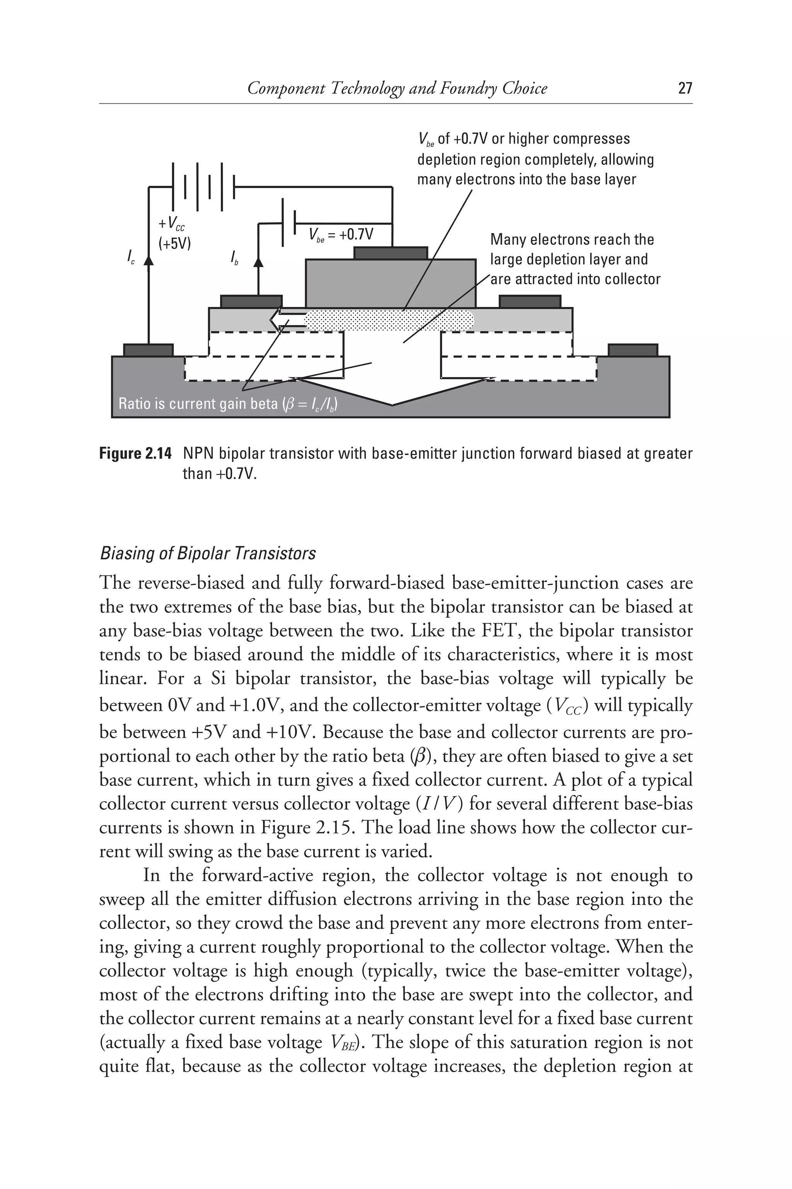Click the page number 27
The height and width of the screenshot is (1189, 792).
684,89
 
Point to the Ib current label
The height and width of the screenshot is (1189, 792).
234,259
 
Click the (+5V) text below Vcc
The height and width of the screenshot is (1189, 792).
175,244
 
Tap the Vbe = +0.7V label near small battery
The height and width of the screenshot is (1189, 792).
341,235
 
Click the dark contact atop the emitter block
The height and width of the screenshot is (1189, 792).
391,253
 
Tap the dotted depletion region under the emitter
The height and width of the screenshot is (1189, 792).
389,319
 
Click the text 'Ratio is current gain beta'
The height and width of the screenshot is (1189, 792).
197,404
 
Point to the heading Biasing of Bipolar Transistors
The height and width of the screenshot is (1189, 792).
208,553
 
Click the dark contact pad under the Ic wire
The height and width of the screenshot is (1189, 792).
148,350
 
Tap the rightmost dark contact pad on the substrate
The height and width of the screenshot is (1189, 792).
632,350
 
